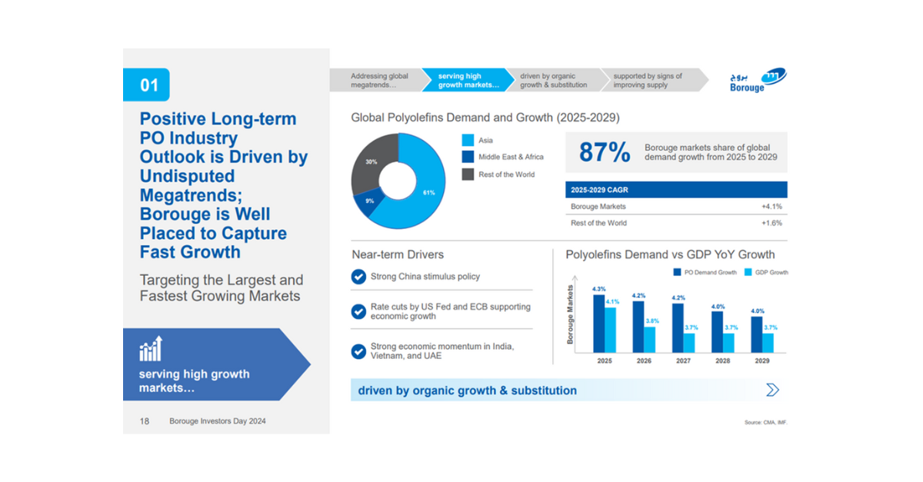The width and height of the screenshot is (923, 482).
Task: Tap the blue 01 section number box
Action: coord(146,85)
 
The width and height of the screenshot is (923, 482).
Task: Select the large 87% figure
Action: coord(604,152)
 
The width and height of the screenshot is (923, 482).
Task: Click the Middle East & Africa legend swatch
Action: coord(468,157)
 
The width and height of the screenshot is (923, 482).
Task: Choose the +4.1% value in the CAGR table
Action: coord(771,206)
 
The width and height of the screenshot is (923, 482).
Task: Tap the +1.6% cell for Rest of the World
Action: coord(771,223)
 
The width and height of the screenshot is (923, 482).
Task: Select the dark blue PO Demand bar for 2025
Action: coord(598,323)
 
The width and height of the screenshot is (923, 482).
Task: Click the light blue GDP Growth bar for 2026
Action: coord(650,339)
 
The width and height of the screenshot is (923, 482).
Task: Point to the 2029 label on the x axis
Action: coord(761,360)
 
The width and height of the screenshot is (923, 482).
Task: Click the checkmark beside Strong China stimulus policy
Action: coord(358,277)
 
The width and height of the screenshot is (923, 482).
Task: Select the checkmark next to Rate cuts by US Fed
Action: coord(358,311)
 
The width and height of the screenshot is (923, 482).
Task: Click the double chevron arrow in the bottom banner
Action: coord(772,391)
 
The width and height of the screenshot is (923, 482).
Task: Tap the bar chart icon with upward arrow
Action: coord(151,348)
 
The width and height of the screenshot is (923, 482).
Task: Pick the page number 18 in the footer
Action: coord(145,421)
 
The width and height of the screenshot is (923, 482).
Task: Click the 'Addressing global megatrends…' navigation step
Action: coord(379,81)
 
